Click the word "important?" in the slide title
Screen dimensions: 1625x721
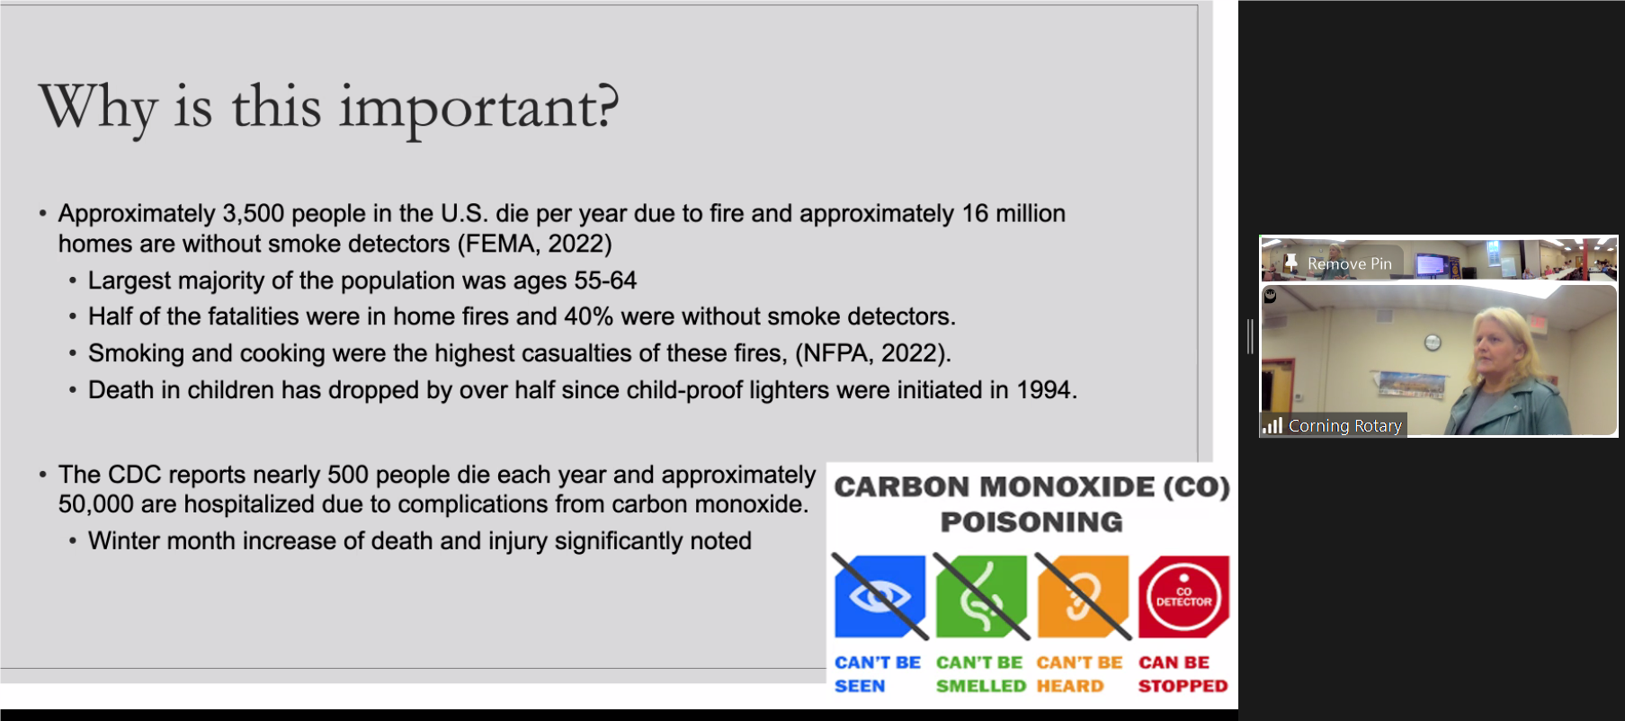478,109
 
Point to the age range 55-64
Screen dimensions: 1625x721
605,280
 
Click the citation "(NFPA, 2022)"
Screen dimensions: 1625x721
871,353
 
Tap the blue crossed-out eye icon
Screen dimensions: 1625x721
879,596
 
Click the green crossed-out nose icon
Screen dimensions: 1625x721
981,596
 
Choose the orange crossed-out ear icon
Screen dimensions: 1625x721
1083,596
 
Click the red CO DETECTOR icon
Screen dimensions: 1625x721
1183,596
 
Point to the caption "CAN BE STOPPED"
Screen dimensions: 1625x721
1183,674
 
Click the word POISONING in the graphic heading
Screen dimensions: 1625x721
1031,522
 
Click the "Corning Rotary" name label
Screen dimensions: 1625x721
1345,425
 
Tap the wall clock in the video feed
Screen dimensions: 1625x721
1433,342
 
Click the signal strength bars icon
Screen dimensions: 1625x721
1272,425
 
